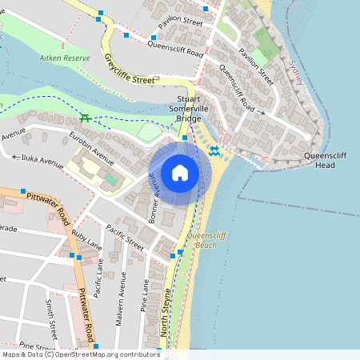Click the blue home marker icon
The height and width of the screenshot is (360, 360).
pos(180,173)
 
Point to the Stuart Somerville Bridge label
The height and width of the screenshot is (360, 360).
pos(190,109)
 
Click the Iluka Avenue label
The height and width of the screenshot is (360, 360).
pos(42,160)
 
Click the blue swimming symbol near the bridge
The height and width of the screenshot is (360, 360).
pos(214,150)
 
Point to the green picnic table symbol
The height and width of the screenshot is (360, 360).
pos(84,118)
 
